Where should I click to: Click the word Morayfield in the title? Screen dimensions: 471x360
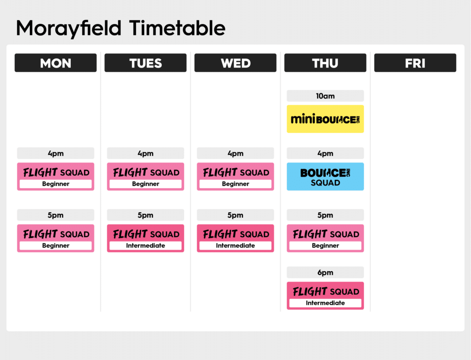(x=69, y=29)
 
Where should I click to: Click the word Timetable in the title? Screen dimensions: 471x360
(x=177, y=28)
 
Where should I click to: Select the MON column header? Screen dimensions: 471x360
(x=56, y=63)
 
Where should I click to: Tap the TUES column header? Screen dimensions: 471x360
(x=145, y=63)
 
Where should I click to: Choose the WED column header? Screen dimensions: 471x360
(x=235, y=63)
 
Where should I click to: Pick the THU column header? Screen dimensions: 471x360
(x=325, y=63)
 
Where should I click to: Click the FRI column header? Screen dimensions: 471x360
(x=415, y=63)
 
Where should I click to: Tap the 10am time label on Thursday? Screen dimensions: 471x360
(x=325, y=96)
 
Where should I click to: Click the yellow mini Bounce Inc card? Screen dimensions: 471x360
(x=325, y=119)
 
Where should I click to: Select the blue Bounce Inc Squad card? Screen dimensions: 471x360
(x=325, y=176)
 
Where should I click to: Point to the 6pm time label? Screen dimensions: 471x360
(x=325, y=273)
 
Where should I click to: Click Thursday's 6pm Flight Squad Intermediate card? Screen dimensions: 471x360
(x=325, y=296)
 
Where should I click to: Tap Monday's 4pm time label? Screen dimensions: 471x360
(x=56, y=153)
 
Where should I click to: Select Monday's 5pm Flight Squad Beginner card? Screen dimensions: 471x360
(x=56, y=238)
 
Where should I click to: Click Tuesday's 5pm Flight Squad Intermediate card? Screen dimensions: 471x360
(x=145, y=238)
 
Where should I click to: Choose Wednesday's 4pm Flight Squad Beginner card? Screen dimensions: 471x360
(x=235, y=176)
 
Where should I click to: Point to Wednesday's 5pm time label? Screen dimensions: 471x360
(x=235, y=215)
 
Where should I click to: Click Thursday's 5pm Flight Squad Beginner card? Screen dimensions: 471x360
(x=325, y=238)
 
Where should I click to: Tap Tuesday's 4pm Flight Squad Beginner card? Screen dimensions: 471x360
(x=145, y=176)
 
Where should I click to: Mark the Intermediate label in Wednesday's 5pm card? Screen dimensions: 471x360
(x=235, y=245)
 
